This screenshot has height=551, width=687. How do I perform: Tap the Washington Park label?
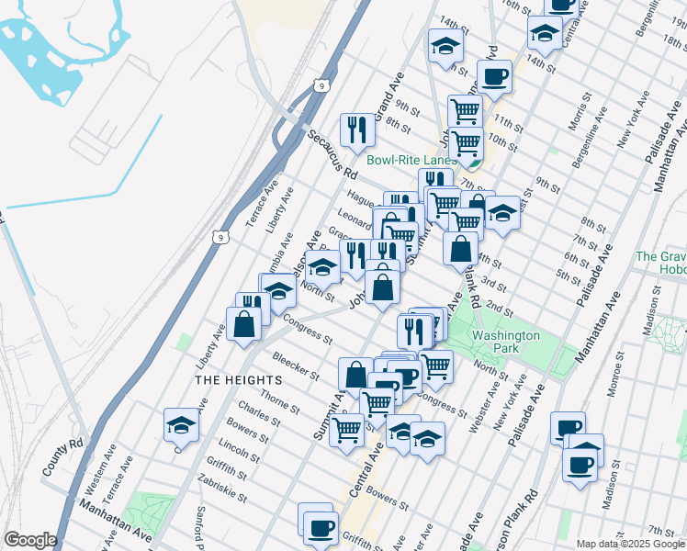506,343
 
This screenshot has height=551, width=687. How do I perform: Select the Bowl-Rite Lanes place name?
411,160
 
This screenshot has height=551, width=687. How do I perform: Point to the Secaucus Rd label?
332,153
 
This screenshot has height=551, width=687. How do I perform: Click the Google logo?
30,540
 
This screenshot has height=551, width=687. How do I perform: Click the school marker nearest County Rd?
181,425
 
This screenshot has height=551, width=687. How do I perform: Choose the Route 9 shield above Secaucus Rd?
321,85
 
